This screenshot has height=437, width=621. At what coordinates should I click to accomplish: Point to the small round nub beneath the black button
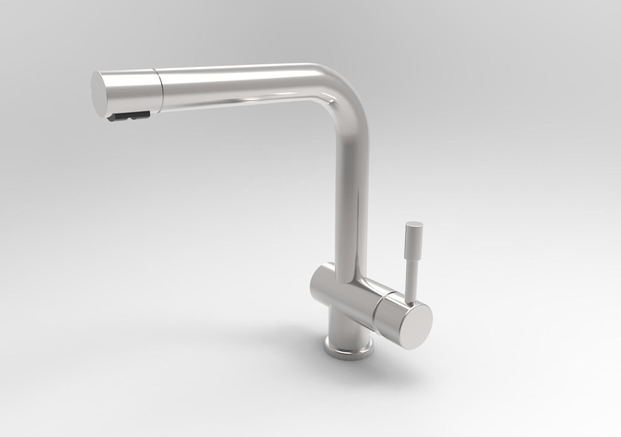pyautogui.click(x=132, y=119)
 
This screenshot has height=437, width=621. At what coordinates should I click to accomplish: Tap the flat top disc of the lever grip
pyautogui.click(x=414, y=224)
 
